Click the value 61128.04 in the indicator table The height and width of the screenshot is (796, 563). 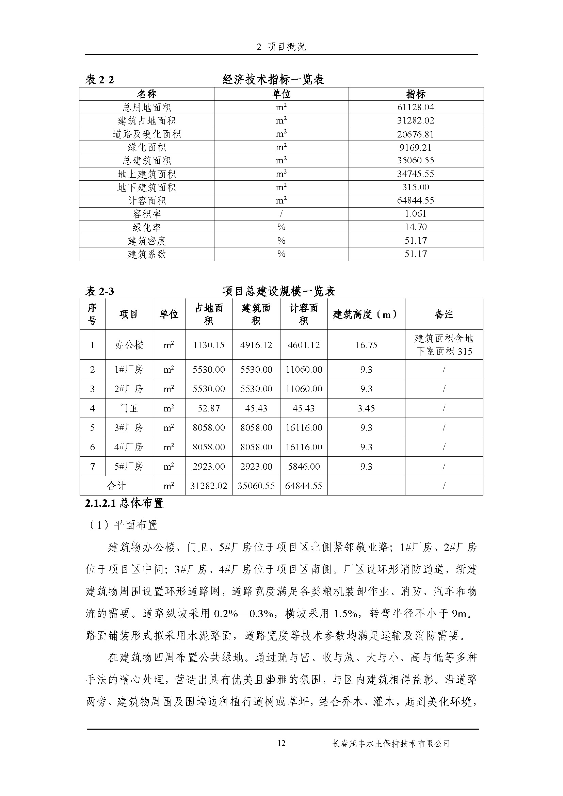415,107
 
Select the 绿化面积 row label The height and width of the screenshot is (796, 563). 147,147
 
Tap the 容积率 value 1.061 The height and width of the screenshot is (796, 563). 415,214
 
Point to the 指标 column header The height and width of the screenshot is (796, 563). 415,94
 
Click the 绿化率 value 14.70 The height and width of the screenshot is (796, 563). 415,227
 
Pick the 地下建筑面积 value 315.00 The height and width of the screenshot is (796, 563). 415,187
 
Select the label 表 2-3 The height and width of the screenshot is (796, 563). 99,292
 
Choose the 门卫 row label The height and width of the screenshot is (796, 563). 129,408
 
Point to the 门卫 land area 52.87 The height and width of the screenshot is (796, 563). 209,408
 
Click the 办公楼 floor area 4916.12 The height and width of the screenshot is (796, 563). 256,345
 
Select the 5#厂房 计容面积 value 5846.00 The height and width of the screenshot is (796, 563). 303,467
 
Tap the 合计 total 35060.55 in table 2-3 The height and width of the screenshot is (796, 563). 256,486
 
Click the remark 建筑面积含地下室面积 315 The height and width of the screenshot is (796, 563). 444,345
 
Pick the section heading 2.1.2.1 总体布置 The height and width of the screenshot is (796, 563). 124,503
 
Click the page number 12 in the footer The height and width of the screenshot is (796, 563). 281,743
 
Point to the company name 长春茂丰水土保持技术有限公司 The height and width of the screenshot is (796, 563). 391,744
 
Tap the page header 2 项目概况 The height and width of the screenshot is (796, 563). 281,47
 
